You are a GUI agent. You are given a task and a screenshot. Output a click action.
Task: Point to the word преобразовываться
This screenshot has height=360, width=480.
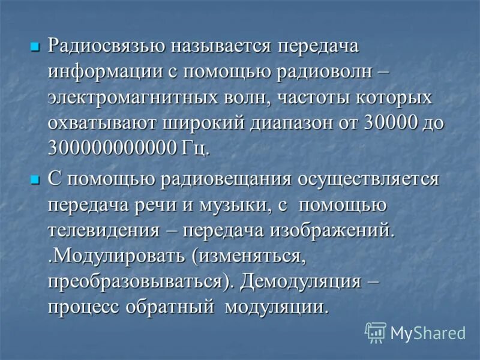[x=141, y=282]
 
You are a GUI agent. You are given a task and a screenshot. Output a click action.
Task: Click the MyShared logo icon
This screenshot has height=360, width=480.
[x=376, y=332]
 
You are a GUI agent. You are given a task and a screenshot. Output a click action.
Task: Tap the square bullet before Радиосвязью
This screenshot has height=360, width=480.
[x=35, y=46]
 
